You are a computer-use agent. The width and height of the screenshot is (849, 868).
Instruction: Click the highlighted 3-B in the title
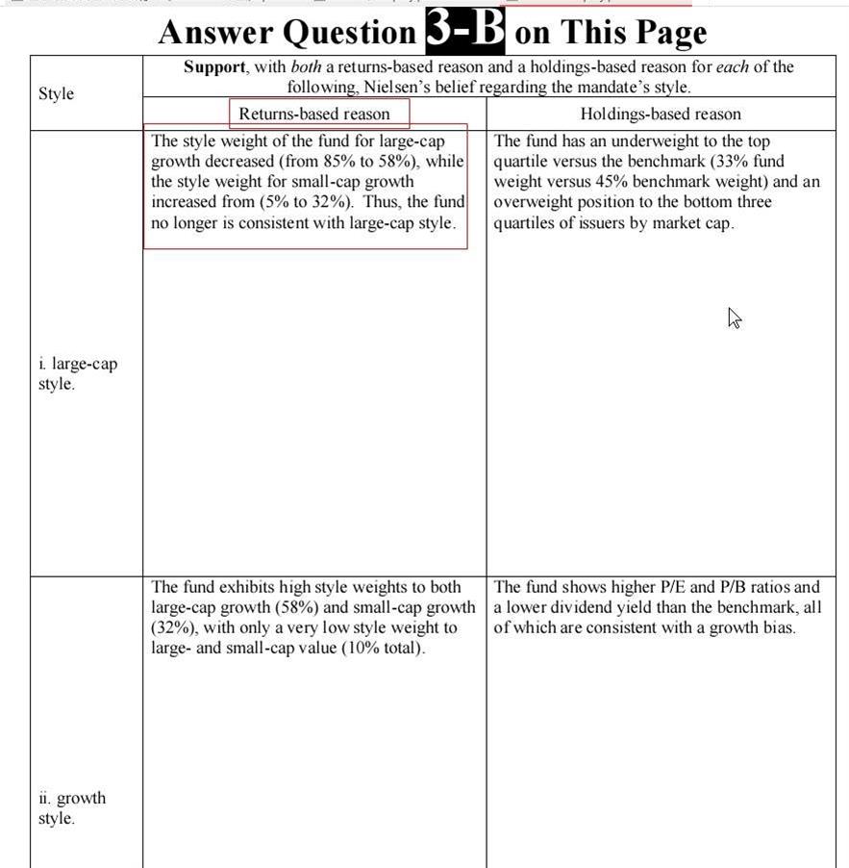tap(464, 31)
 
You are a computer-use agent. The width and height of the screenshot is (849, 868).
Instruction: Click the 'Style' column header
tap(56, 93)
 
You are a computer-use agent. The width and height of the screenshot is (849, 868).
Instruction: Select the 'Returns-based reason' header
tap(314, 114)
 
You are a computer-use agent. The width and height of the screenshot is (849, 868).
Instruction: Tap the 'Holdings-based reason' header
tap(661, 114)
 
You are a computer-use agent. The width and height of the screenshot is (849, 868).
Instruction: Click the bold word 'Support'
tap(217, 67)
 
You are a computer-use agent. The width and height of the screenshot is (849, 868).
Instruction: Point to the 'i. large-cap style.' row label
tap(78, 373)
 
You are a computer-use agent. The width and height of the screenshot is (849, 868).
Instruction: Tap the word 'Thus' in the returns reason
tap(380, 202)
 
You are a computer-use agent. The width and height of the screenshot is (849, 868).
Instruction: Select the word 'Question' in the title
tap(349, 33)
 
